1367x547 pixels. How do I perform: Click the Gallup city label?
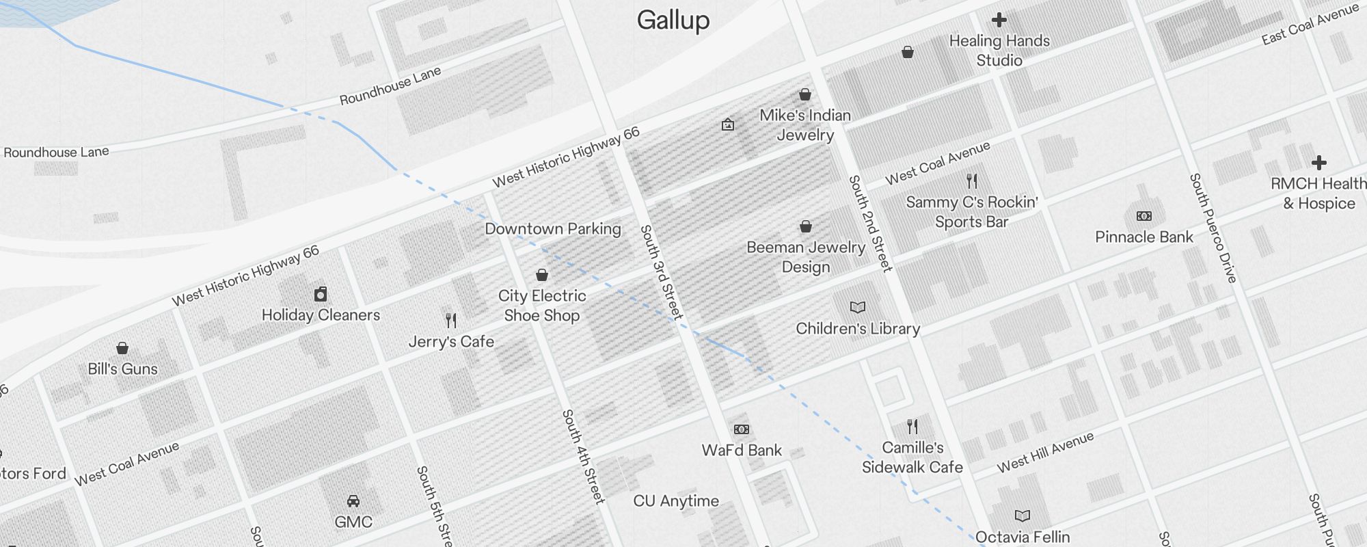point(673,20)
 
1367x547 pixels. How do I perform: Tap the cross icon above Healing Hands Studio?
point(999,20)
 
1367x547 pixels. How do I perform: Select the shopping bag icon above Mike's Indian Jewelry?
point(805,94)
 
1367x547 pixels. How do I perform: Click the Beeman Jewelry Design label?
point(806,257)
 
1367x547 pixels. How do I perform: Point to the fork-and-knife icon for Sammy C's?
point(972,181)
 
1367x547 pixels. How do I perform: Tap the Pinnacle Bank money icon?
point(1143,216)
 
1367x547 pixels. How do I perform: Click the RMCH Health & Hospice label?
point(1318,194)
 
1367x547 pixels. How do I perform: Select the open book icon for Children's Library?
point(857,308)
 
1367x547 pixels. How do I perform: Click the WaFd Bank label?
point(742,451)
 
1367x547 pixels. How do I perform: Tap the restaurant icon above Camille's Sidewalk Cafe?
point(912,427)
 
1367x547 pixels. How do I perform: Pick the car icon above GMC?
point(353,501)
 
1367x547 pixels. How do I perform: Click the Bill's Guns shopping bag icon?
point(122,348)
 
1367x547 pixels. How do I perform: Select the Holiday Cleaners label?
point(321,315)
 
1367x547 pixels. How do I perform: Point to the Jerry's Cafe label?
point(451,341)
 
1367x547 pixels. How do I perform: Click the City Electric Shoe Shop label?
point(542,306)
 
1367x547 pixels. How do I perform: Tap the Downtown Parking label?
point(553,229)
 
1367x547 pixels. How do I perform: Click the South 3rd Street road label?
point(661,272)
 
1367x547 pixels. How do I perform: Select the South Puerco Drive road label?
point(1213,228)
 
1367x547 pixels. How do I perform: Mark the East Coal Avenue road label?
point(1310,25)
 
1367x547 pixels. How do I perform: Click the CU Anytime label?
point(676,501)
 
